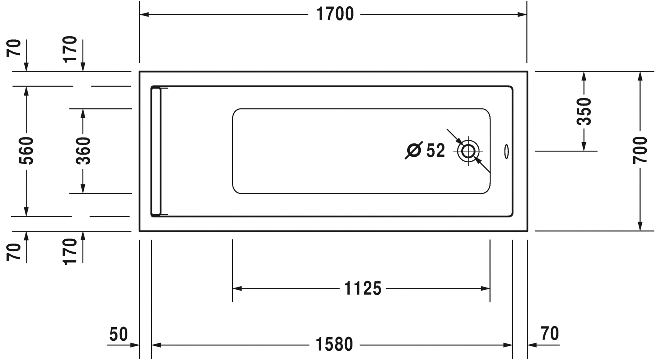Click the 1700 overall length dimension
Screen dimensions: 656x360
coord(335,14)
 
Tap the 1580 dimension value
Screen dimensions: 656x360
coord(334,345)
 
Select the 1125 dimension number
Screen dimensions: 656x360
coord(363,288)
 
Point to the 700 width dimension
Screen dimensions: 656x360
coord(640,150)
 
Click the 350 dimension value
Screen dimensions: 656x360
coord(584,111)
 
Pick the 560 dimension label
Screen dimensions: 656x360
coord(26,150)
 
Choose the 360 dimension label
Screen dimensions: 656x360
coord(83,150)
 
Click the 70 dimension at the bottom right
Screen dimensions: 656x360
coord(550,333)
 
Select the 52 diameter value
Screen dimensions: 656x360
coord(435,150)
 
